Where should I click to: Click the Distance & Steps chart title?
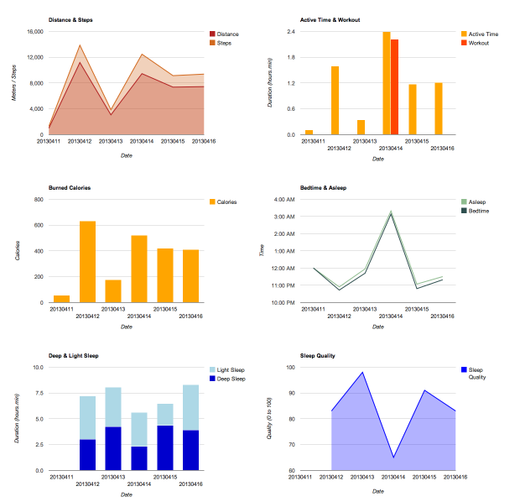(x=70, y=18)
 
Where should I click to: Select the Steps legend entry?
(x=224, y=42)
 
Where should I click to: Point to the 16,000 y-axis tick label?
(x=34, y=32)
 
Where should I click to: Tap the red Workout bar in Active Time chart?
(x=395, y=86)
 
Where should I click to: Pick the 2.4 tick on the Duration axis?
(x=289, y=32)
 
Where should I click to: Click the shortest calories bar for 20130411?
(x=61, y=299)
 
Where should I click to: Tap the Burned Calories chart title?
(x=69, y=187)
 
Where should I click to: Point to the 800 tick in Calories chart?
(x=38, y=200)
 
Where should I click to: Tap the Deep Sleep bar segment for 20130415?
(x=165, y=447)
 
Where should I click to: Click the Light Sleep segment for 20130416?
(x=190, y=407)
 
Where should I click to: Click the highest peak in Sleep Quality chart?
(x=363, y=372)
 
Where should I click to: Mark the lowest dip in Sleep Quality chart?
(x=394, y=457)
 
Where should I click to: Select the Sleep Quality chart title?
(x=318, y=355)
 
